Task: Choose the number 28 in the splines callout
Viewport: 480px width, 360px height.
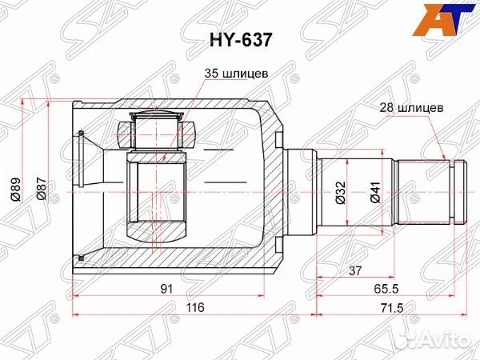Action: click(386, 106)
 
